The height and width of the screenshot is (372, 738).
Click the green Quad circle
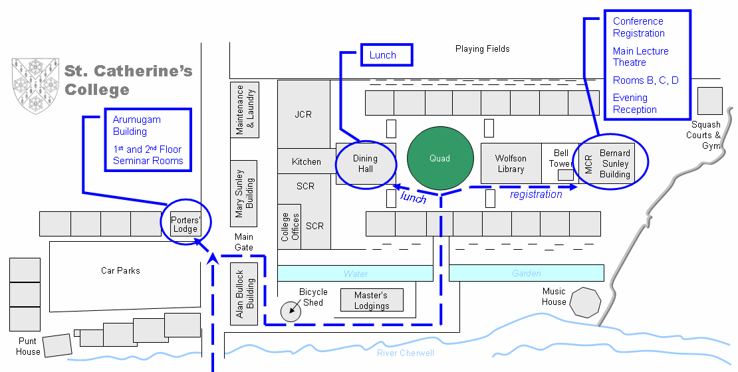click(x=440, y=159)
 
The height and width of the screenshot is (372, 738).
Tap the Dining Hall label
click(x=365, y=163)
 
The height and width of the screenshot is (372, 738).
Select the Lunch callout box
click(x=387, y=55)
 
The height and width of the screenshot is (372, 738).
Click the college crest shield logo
click(x=35, y=86)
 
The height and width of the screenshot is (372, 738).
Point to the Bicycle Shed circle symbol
click(x=291, y=312)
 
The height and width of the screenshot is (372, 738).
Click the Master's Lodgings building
click(x=372, y=300)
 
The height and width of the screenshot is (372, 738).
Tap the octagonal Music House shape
click(x=585, y=302)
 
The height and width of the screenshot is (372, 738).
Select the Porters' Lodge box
click(x=185, y=224)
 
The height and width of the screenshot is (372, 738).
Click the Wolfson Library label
click(x=511, y=163)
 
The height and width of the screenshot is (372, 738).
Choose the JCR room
click(x=304, y=114)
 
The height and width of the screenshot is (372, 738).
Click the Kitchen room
click(x=307, y=161)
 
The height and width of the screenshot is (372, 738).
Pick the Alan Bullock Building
click(x=244, y=294)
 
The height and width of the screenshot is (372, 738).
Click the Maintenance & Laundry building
click(x=245, y=110)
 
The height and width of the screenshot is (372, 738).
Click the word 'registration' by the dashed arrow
click(x=536, y=194)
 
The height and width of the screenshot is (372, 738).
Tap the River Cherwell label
click(x=406, y=353)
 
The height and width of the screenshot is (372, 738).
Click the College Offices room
click(x=289, y=227)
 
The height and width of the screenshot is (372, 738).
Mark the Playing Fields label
click(x=483, y=49)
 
